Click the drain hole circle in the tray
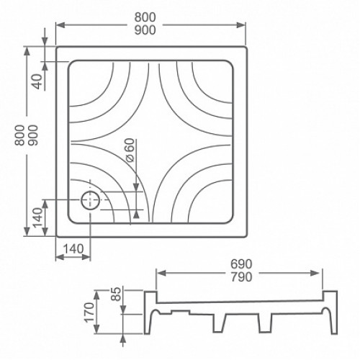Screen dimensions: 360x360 tap(90, 192)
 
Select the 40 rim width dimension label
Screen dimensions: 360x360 tap(37, 81)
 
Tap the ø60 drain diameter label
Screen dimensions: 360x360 tap(130, 150)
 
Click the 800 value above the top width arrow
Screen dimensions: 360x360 tap(145, 17)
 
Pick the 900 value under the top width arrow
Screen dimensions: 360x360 tap(145, 30)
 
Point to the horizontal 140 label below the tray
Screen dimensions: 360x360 tap(73, 249)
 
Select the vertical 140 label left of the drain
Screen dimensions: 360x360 tap(37, 218)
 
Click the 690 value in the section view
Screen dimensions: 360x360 tap(241, 264)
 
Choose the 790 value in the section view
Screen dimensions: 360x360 tap(241, 277)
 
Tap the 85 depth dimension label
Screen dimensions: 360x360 tap(117, 294)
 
